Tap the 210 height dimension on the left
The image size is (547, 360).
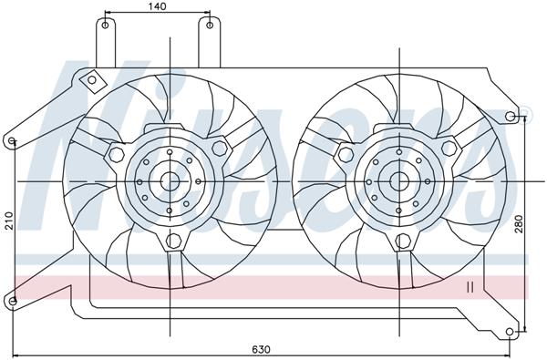coord(8,220)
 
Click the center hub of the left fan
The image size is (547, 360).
coord(170,181)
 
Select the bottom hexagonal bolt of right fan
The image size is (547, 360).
coord(402,242)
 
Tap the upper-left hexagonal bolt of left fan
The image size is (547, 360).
coord(116,155)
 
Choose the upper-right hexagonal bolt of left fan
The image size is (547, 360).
coord(219,148)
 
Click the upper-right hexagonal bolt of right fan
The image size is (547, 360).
coord(449,148)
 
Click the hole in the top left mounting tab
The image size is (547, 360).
coord(107,26)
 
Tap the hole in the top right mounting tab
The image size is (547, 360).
coord(210,26)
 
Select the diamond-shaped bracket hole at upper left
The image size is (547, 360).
coord(91,83)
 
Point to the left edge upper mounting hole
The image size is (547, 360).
coord(11,141)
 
